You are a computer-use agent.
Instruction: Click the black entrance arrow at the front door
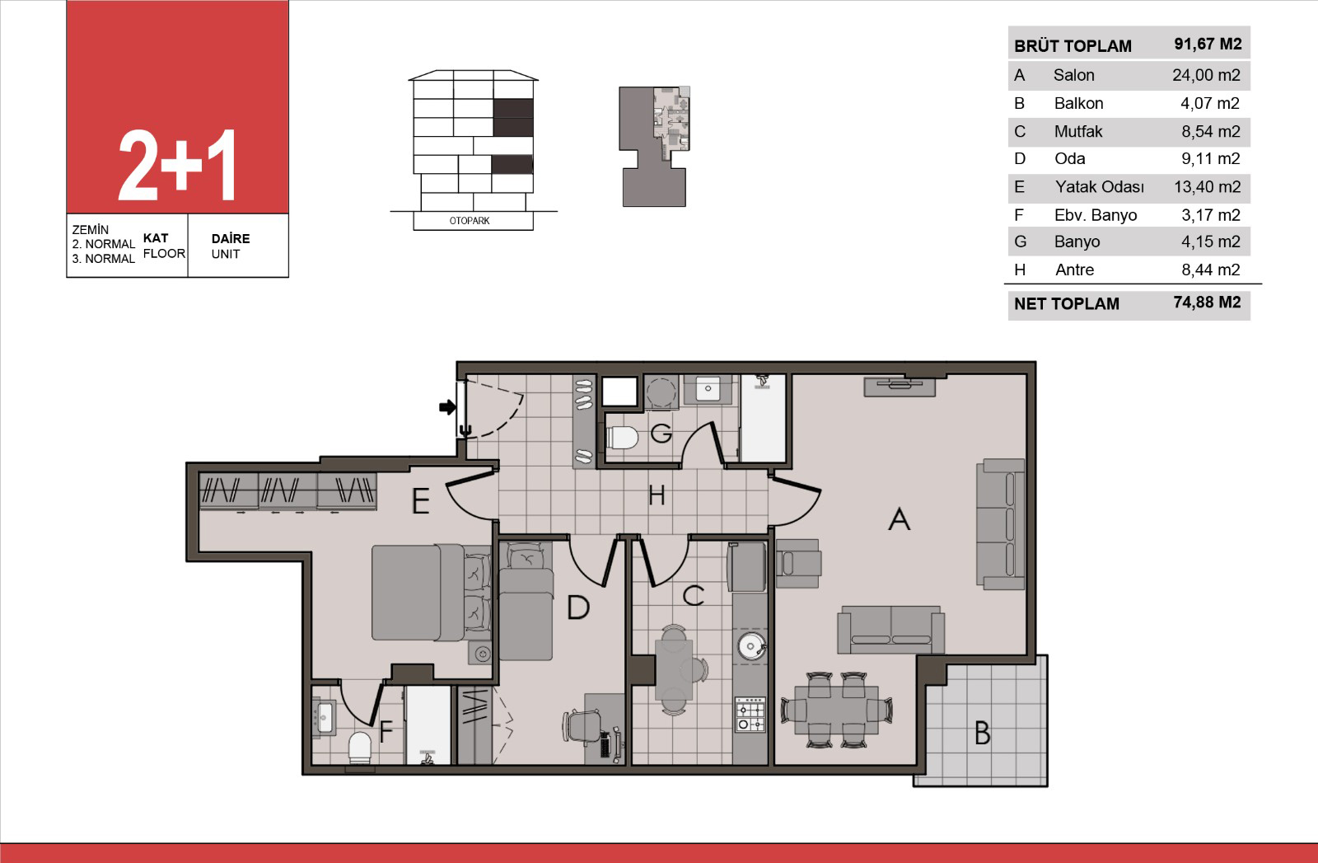447,407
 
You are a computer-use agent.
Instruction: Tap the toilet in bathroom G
622,438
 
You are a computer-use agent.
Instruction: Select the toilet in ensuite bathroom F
359,748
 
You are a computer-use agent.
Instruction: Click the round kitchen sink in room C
750,646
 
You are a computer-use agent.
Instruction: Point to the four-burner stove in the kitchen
750,715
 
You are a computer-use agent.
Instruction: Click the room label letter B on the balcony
982,734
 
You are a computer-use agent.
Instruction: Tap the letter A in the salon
899,519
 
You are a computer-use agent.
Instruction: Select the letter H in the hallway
657,495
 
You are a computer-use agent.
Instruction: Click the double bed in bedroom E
432,592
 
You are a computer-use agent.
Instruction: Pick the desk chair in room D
582,727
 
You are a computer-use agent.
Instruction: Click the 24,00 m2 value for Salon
1206,75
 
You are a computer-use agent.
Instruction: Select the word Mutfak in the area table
1078,131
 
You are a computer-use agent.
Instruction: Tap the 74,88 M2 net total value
1207,303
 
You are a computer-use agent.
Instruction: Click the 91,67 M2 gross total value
1208,45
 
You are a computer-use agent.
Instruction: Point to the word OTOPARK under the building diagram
470,221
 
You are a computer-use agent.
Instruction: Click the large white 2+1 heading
178,166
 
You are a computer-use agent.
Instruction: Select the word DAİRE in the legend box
231,238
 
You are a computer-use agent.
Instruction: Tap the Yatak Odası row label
1099,187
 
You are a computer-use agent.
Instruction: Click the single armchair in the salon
798,563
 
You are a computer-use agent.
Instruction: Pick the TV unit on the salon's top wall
899,387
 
